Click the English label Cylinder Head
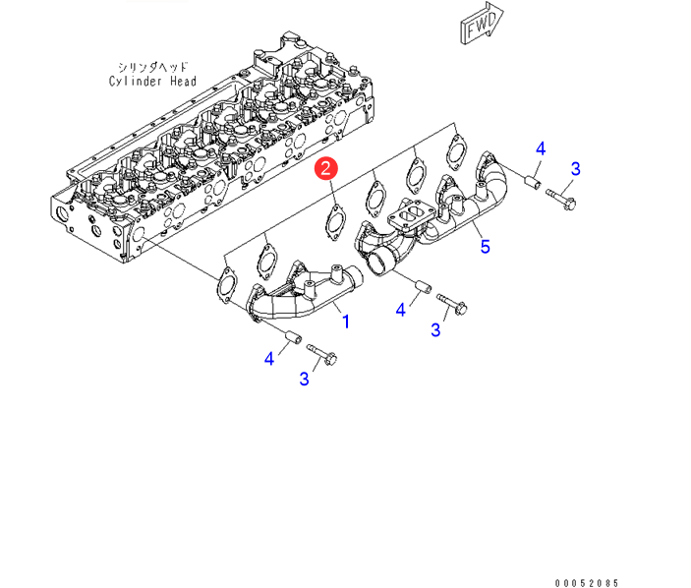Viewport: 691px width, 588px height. (152, 82)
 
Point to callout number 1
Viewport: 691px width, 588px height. (345, 322)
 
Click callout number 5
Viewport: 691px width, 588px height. (485, 246)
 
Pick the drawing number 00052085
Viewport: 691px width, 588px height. (586, 582)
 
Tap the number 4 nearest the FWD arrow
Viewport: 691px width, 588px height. (540, 149)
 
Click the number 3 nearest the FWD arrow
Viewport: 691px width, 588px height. (575, 169)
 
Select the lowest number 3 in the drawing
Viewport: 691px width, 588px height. (304, 378)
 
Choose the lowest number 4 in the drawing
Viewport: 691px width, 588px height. (269, 359)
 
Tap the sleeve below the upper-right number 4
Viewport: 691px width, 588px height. (532, 182)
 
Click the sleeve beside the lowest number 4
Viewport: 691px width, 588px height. (292, 340)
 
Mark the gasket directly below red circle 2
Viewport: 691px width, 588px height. (335, 219)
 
